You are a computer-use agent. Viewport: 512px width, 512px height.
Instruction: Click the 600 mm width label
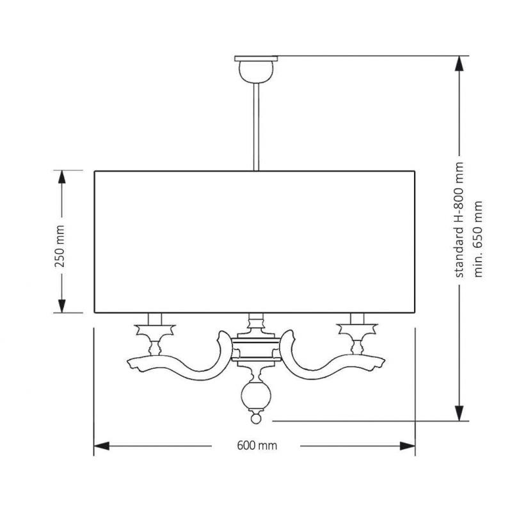[x=257, y=445]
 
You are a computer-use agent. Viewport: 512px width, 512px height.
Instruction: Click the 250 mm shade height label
[x=60, y=246]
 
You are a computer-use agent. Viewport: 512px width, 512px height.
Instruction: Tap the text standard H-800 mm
[x=459, y=220]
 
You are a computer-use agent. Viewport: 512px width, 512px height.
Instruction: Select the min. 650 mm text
[x=477, y=239]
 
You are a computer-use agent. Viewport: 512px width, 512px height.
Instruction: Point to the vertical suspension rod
[x=256, y=127]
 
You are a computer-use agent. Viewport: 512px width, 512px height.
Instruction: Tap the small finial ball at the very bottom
[x=255, y=419]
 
